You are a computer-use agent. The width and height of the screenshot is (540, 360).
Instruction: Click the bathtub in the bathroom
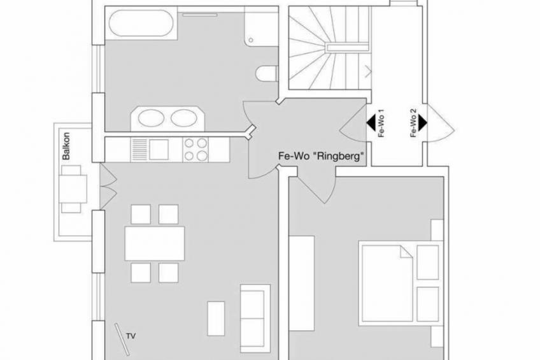click(141, 23)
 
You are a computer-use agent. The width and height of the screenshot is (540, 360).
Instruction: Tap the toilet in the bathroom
click(267, 73)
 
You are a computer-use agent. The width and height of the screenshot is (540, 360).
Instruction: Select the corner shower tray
click(261, 26)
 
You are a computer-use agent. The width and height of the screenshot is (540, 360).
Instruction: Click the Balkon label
click(66, 146)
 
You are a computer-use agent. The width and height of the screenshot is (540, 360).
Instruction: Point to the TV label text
click(131, 336)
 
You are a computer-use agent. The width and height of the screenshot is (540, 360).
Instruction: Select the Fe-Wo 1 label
click(381, 124)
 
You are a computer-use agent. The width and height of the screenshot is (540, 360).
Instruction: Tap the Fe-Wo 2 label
click(413, 123)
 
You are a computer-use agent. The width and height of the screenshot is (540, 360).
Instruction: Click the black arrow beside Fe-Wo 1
click(371, 123)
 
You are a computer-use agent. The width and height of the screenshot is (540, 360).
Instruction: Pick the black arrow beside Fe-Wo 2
click(423, 123)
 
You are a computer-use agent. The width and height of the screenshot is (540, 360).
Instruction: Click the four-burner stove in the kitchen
click(195, 150)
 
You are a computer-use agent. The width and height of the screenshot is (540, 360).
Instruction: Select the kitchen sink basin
click(159, 150)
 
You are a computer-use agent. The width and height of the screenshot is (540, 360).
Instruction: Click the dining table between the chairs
click(155, 243)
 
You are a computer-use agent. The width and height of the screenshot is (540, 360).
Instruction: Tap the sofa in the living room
click(255, 319)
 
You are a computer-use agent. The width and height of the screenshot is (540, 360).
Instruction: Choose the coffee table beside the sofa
click(216, 319)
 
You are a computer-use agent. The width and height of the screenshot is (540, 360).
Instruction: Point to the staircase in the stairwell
click(329, 48)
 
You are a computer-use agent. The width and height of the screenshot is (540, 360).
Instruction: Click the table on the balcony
click(73, 189)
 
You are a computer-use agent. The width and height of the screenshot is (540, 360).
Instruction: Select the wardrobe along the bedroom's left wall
click(301, 284)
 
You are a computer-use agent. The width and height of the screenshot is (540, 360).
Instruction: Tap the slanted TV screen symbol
click(122, 338)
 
